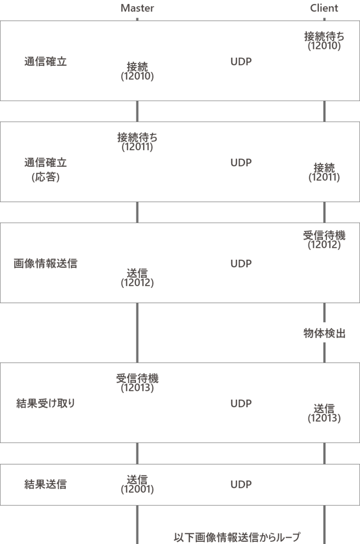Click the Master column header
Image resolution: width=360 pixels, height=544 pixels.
click(x=137, y=8)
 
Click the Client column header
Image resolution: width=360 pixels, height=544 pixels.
click(x=324, y=8)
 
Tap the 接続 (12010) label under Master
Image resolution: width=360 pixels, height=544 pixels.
click(x=137, y=71)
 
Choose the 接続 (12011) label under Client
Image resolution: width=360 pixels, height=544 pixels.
click(x=324, y=172)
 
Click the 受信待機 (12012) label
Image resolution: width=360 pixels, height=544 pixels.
click(x=324, y=240)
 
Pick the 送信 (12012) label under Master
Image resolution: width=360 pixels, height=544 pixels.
click(x=137, y=277)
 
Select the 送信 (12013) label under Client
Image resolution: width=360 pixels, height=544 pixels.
click(x=324, y=413)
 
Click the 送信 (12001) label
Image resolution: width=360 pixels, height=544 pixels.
click(x=137, y=485)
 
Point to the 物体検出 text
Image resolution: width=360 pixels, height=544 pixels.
click(x=324, y=334)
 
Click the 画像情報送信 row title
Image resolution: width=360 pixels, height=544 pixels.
click(x=45, y=264)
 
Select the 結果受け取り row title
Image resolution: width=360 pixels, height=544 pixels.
click(x=45, y=403)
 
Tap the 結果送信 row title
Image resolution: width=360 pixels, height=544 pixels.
click(x=45, y=485)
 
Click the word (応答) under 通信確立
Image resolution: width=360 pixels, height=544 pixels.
click(x=45, y=177)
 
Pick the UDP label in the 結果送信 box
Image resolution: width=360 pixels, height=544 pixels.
click(x=241, y=485)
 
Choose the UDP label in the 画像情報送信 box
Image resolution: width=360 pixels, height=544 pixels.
click(x=241, y=264)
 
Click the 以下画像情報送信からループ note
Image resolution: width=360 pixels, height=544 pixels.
click(x=237, y=537)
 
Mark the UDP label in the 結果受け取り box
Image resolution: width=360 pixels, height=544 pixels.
click(x=241, y=403)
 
